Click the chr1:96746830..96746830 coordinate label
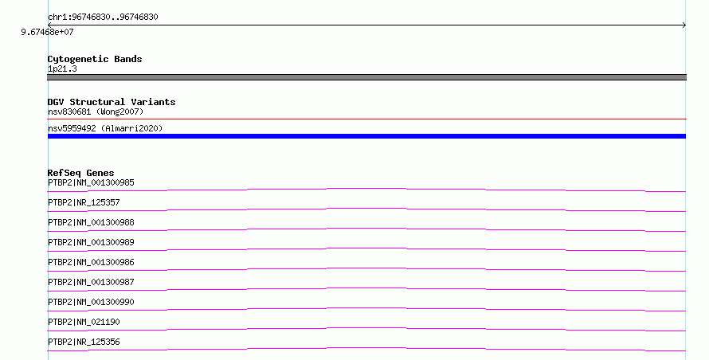point(103,18)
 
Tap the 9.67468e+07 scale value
point(47,32)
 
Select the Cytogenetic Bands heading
point(95,59)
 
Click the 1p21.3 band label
point(62,68)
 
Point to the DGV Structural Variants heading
point(112,102)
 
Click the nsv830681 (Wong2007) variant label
point(96,112)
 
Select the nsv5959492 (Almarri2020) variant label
point(105,128)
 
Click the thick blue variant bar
point(366,136)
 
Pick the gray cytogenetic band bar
point(366,77)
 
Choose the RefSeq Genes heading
point(81,173)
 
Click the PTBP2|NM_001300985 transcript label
point(91,182)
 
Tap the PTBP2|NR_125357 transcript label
point(84,202)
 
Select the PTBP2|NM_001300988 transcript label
point(91,222)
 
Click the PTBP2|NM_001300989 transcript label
point(91,242)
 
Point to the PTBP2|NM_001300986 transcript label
point(91,262)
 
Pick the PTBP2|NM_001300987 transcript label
point(91,282)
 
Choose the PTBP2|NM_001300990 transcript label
point(91,302)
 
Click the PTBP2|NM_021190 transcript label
point(84,322)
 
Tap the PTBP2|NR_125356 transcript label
point(84,342)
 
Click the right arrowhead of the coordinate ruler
point(684,25)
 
